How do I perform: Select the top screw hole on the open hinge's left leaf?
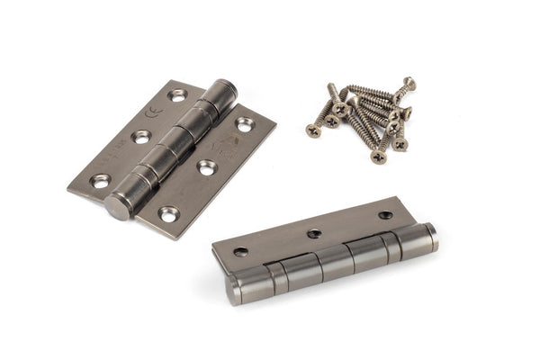[x=176, y=94]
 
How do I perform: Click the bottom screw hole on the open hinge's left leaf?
[x=100, y=181]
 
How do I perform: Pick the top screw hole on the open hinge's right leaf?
[x=245, y=125]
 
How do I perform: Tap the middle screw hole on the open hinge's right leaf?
[x=206, y=167]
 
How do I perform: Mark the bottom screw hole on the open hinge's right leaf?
[x=168, y=213]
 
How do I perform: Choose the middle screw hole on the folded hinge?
[x=314, y=233]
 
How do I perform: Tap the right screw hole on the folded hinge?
[x=385, y=215]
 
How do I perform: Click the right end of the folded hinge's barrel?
[x=431, y=237]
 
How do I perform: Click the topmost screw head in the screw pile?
[x=409, y=83]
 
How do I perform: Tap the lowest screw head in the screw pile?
[x=379, y=157]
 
